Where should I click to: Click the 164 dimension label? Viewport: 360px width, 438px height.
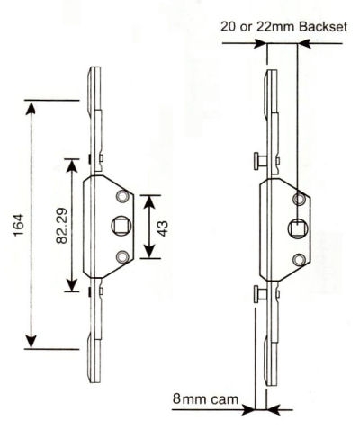pos(19,225)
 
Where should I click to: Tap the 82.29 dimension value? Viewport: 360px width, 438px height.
pos(61,225)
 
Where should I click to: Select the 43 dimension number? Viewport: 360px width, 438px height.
pos(163,228)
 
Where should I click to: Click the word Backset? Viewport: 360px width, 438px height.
pos(323,27)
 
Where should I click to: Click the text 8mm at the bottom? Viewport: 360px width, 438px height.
pos(190,398)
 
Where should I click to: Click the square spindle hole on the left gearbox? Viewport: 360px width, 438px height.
pos(120,226)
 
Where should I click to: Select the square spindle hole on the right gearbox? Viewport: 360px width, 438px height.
pos(299,228)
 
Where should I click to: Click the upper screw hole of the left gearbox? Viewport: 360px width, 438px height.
pos(122,196)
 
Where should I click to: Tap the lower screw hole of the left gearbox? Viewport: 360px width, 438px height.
pos(122,257)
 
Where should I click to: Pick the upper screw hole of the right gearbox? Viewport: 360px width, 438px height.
pos(299,199)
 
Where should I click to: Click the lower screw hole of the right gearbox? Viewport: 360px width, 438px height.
pos(299,260)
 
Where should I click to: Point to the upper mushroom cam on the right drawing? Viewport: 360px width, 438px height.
pos(261,161)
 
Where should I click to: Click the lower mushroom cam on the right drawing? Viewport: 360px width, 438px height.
pos(261,294)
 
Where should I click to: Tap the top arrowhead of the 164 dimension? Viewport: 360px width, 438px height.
pos(31,107)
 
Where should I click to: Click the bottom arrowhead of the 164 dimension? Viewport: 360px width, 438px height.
pos(31,342)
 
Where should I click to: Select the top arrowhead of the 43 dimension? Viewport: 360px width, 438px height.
pos(149,202)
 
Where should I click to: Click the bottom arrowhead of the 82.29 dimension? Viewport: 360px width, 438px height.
pos(72,284)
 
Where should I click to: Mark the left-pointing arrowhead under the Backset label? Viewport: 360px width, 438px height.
pos(305,44)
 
